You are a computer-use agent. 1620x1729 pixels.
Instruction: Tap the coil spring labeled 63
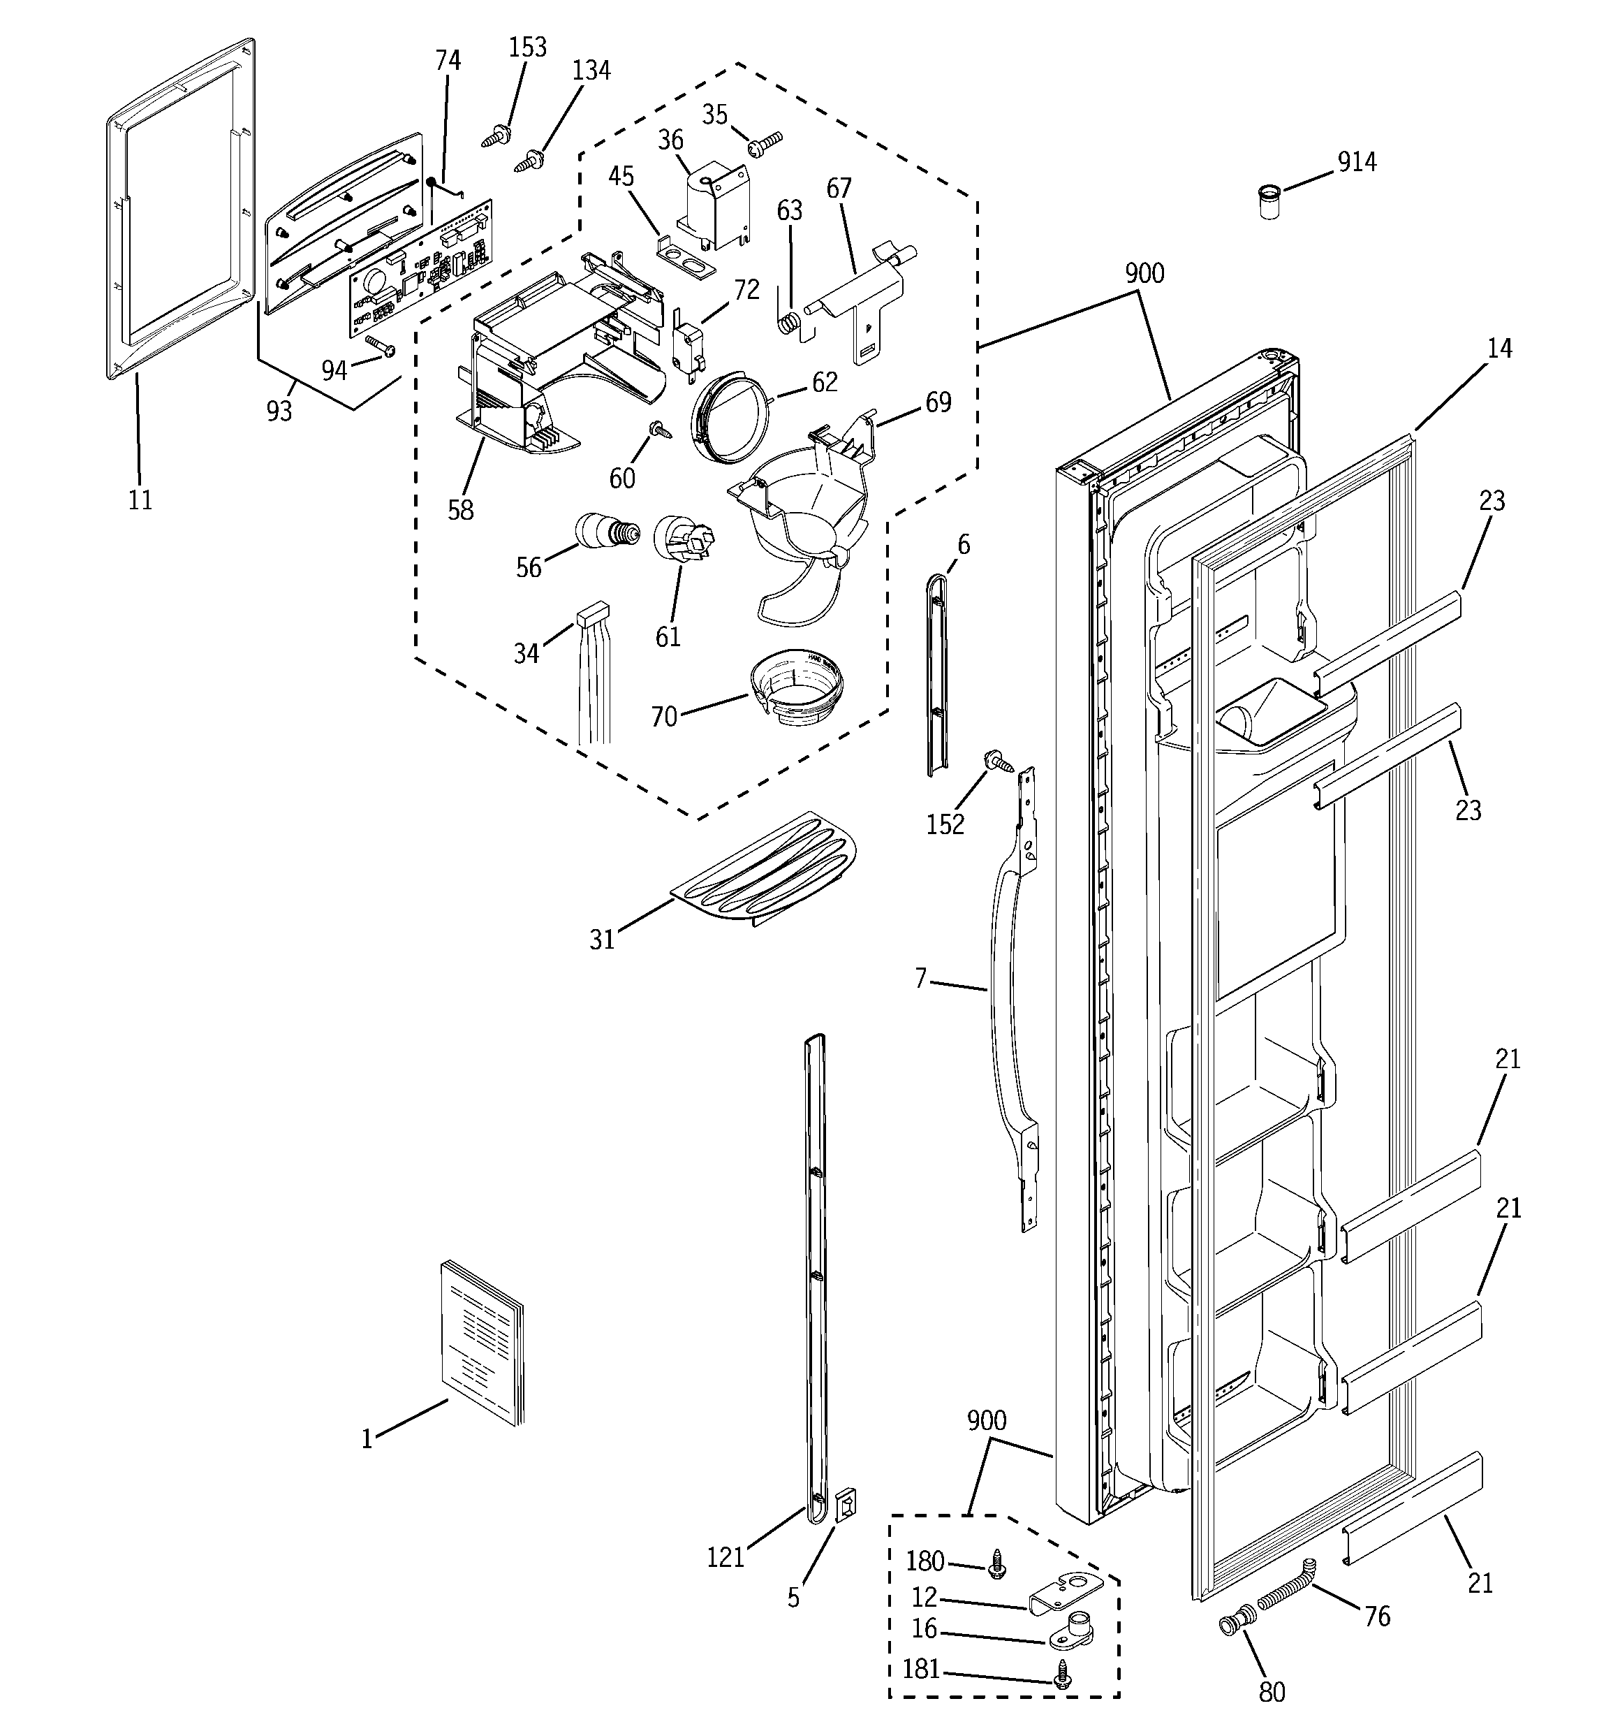[787, 322]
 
